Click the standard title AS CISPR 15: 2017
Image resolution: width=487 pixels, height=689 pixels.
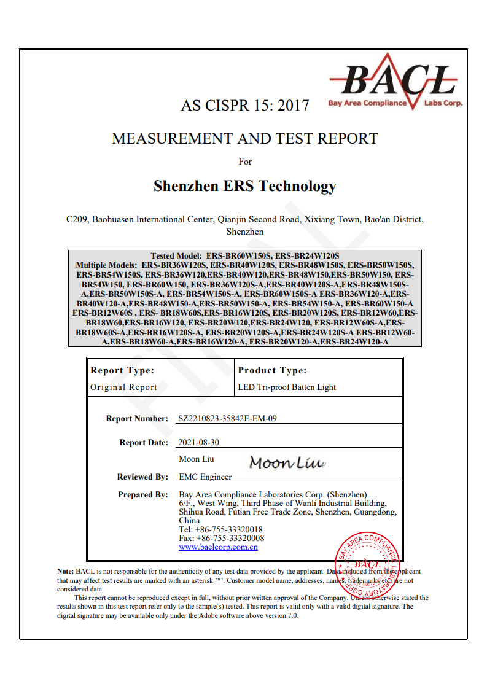(244, 106)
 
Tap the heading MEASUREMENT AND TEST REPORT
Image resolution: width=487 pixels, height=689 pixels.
(244, 139)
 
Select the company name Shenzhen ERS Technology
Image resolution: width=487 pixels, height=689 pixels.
(244, 186)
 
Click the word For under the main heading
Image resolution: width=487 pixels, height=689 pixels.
(245, 162)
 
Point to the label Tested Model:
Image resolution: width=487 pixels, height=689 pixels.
(177, 255)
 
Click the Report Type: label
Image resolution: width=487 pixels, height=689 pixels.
(122, 370)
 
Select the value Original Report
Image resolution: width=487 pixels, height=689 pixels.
(123, 387)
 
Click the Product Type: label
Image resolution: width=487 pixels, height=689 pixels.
(272, 370)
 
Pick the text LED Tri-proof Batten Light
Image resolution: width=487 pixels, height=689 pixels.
(287, 387)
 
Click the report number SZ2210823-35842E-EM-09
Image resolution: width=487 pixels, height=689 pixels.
(227, 419)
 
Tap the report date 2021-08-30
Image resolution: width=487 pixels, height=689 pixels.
(198, 442)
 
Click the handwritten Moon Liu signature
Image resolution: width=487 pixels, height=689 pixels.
(286, 463)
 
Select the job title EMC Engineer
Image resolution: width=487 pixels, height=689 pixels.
(205, 477)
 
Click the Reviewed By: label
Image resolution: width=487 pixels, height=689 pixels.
(142, 477)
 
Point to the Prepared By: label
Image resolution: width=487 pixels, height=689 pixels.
(142, 494)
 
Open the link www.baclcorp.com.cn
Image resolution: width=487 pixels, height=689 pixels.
(218, 547)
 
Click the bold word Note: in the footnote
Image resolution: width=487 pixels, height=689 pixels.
(66, 571)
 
